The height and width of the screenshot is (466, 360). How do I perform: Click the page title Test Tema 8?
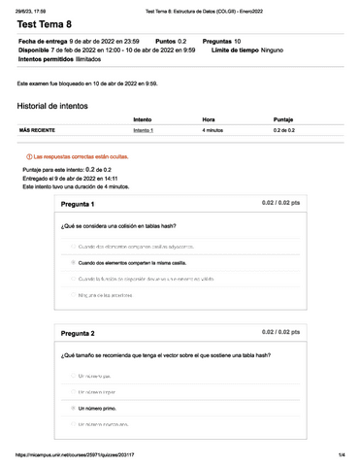(47, 26)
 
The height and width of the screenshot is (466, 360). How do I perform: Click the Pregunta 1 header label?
(78, 205)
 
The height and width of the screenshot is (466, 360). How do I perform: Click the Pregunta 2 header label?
(78, 334)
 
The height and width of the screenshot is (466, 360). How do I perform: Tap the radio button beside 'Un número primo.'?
(73, 409)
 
